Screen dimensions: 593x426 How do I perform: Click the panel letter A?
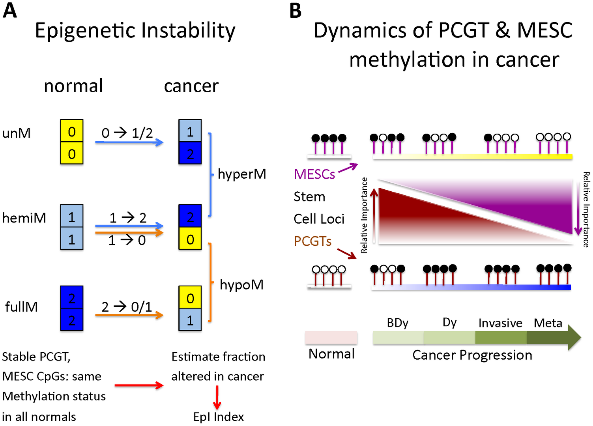coord(9,11)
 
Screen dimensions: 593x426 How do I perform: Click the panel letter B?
coord(296,11)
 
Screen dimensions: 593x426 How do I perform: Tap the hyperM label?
coord(242,174)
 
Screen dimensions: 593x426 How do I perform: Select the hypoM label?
coord(241,285)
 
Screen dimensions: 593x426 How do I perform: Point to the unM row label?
coord(17,133)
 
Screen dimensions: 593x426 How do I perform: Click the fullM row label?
coord(21,307)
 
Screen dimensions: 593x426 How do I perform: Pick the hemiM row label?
coord(24,218)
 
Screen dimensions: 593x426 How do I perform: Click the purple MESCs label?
coord(314,174)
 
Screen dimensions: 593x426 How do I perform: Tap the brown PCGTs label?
coord(312,241)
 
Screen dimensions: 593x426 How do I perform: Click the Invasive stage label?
coord(500,323)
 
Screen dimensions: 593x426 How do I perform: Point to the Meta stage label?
coord(548,323)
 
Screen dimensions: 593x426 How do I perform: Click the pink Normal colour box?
coord(331,337)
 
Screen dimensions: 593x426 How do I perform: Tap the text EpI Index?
coord(219,417)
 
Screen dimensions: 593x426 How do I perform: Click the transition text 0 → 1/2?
coord(127,133)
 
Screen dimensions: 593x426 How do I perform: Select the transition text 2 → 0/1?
coord(127,307)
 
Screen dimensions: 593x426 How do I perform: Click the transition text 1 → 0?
coord(127,240)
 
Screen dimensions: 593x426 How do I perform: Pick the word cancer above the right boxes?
coord(191,86)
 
